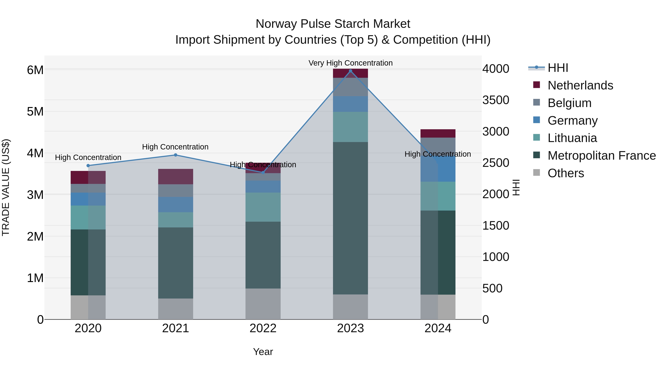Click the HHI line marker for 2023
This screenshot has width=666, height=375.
[x=350, y=71]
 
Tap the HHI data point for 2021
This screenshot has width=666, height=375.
[x=175, y=155]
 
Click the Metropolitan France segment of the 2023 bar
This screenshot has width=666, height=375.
[x=350, y=218]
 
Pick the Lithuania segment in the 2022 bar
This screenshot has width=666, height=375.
[x=263, y=207]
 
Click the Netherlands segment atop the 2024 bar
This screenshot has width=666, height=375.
[x=438, y=134]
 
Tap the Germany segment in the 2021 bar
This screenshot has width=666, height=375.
[x=176, y=204]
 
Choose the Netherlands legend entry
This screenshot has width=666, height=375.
[x=580, y=85]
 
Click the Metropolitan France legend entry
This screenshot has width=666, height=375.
[x=601, y=156]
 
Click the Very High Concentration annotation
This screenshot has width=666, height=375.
[x=350, y=63]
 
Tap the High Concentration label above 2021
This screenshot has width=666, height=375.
[x=175, y=147]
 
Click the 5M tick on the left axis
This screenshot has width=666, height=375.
[x=35, y=111]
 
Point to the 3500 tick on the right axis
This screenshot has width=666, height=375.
[x=496, y=100]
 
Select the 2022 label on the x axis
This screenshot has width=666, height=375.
[x=263, y=328]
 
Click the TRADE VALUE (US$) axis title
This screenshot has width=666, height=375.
[x=6, y=187]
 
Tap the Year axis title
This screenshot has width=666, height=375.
[x=263, y=352]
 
